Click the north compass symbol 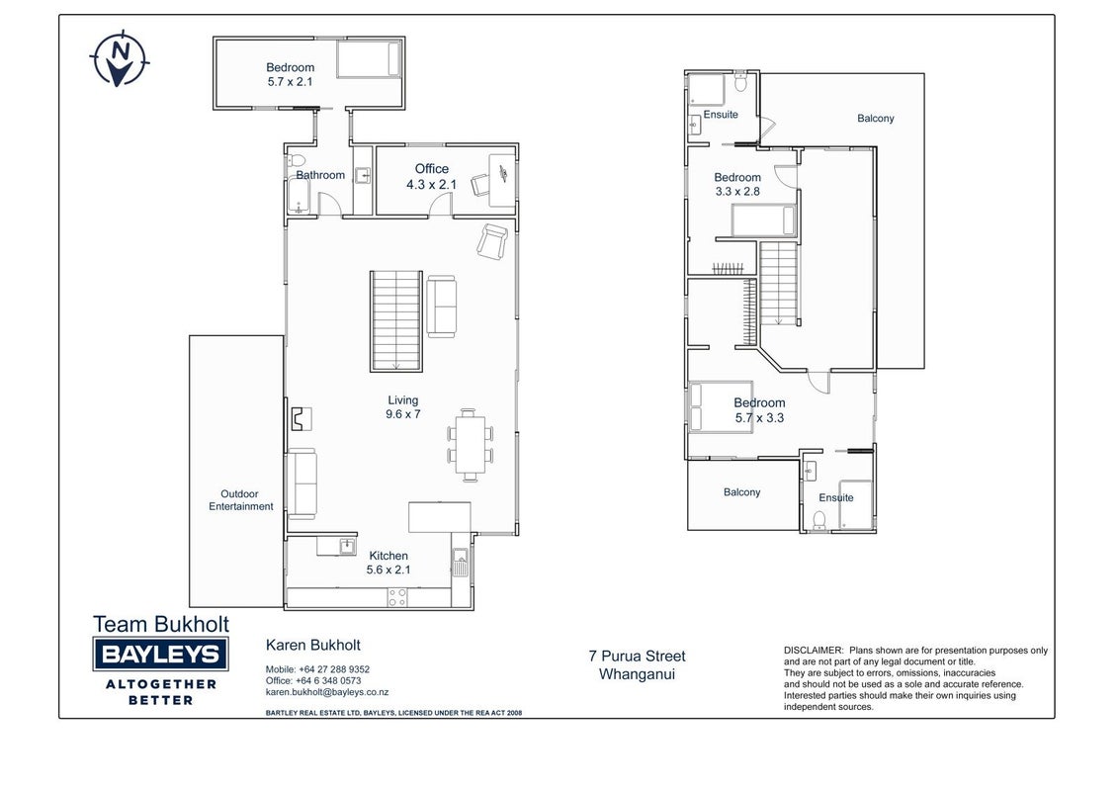pyautogui.click(x=120, y=57)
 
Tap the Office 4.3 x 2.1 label pyautogui.click(x=432, y=176)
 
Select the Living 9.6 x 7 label pyautogui.click(x=403, y=407)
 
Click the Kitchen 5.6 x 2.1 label pyautogui.click(x=388, y=563)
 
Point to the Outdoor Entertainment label pyautogui.click(x=240, y=499)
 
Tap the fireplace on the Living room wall pyautogui.click(x=301, y=419)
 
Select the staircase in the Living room pyautogui.click(x=396, y=321)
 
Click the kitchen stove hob pyautogui.click(x=397, y=597)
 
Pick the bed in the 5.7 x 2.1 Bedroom pyautogui.click(x=369, y=58)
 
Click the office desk pyautogui.click(x=502, y=180)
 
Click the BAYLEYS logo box pyautogui.click(x=160, y=655)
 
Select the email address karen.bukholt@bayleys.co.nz pyautogui.click(x=327, y=692)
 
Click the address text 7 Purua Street pyautogui.click(x=637, y=656)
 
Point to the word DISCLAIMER pyautogui.click(x=814, y=651)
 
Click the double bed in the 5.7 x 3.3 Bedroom pyautogui.click(x=722, y=407)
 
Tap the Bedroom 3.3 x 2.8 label pyautogui.click(x=737, y=184)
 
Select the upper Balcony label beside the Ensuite pyautogui.click(x=876, y=119)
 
